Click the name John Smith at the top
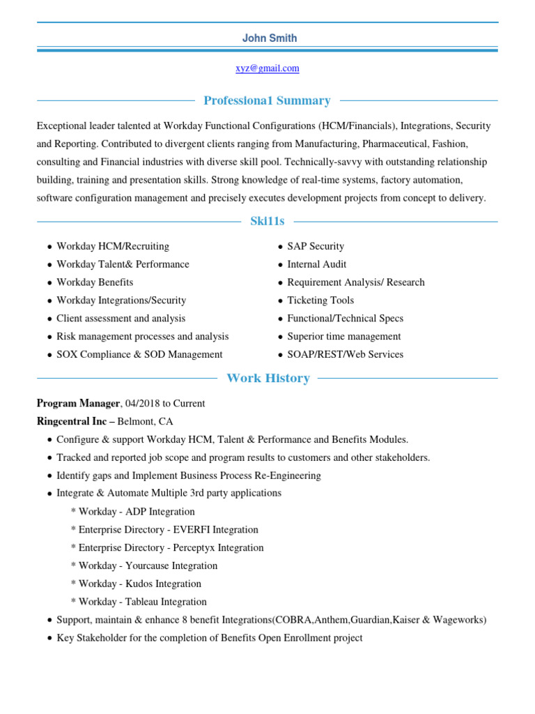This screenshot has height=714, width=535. pyautogui.click(x=269, y=38)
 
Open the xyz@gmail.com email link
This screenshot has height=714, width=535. pyautogui.click(x=267, y=68)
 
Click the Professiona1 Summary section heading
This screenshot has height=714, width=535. pyautogui.click(x=267, y=101)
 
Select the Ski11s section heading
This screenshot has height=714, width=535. pyautogui.click(x=267, y=222)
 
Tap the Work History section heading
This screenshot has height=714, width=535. pyautogui.click(x=268, y=379)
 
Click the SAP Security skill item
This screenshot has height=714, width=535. pyautogui.click(x=316, y=246)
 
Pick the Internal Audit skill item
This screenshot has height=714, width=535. pyautogui.click(x=316, y=264)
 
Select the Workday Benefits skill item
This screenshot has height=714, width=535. pyautogui.click(x=95, y=282)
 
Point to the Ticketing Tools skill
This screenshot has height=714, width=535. pyautogui.click(x=320, y=301)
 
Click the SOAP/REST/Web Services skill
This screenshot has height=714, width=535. pyautogui.click(x=345, y=354)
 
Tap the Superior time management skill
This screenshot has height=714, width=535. pyautogui.click(x=343, y=336)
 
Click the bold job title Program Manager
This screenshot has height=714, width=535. pyautogui.click(x=78, y=404)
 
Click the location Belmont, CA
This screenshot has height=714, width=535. pyautogui.click(x=145, y=422)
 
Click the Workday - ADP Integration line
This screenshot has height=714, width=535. pyautogui.click(x=133, y=512)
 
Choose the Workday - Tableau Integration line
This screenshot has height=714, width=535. pyautogui.click(x=139, y=602)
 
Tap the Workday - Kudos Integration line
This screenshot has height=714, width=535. pyautogui.click(x=136, y=584)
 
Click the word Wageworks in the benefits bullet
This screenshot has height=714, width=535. pyautogui.click(x=459, y=620)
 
